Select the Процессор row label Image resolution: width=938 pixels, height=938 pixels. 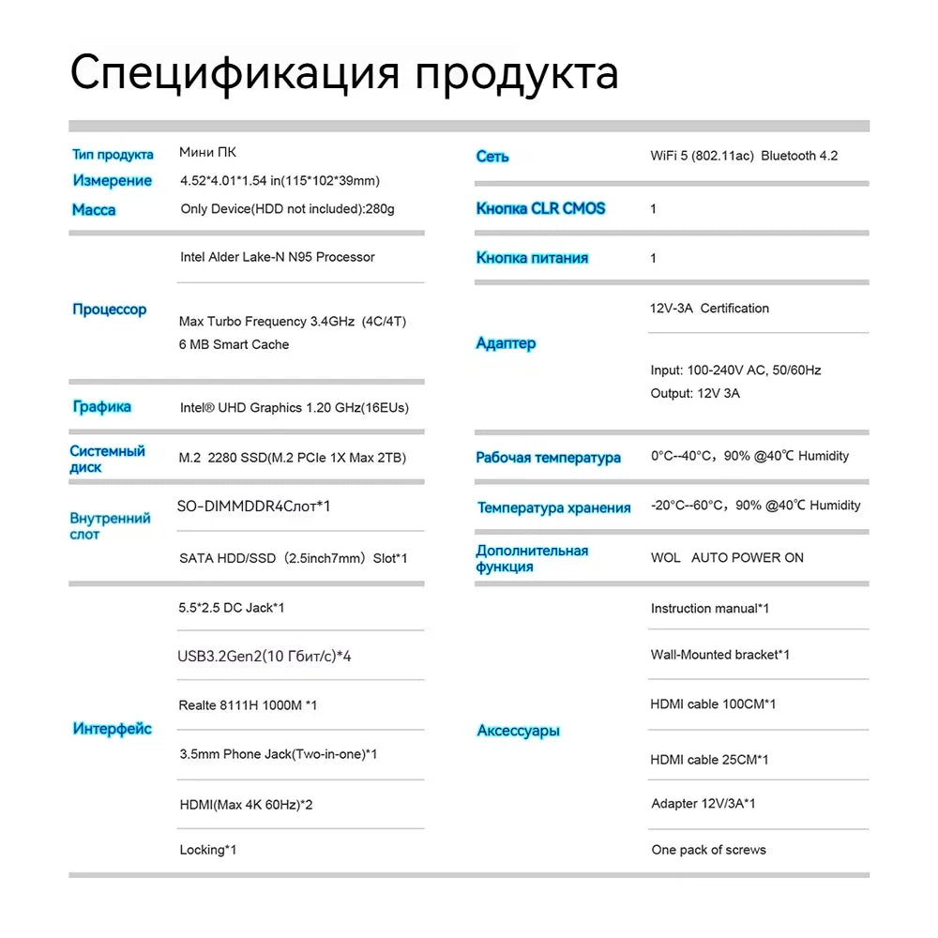[110, 310]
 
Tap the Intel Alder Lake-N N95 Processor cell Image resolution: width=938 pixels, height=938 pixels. [277, 257]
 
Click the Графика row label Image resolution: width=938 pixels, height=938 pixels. [102, 407]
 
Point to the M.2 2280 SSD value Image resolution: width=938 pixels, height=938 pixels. [292, 458]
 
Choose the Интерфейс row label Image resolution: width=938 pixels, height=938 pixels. [113, 729]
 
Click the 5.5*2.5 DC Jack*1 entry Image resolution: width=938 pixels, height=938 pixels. [232, 608]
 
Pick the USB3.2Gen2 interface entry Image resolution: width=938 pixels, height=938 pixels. [265, 656]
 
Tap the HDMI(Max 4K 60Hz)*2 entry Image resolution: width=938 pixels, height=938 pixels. [246, 805]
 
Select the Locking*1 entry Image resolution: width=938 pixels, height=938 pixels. [207, 850]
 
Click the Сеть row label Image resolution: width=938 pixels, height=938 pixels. [492, 157]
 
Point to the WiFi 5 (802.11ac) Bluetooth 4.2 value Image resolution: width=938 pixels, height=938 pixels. [744, 156]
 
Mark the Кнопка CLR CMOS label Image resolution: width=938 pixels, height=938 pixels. [540, 208]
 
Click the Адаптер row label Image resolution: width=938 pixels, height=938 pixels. [506, 343]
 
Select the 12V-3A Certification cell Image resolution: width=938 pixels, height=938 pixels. [709, 308]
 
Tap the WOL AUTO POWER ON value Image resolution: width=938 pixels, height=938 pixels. [727, 557]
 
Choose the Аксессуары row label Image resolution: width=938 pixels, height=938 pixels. [518, 731]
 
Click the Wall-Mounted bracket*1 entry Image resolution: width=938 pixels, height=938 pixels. [719, 655]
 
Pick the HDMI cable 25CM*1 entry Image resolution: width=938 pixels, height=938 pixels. [709, 760]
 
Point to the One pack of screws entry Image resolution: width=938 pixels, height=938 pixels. [708, 850]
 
